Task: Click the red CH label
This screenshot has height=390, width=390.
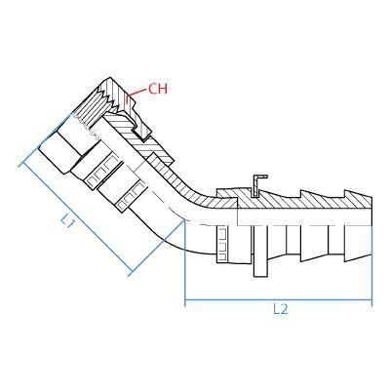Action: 158,89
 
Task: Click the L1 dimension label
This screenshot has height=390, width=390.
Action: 69,222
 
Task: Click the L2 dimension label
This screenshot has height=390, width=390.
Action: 280,309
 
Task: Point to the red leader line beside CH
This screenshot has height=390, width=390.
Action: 137,94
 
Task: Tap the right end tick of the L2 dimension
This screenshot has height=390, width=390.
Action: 371,301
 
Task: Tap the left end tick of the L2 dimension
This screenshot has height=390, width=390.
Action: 185,301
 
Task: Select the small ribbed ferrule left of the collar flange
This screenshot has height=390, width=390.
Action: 221,244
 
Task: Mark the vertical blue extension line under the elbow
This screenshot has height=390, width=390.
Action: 185,263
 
